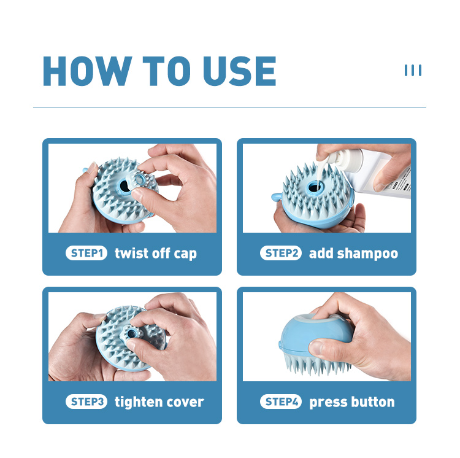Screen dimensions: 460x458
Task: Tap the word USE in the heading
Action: tap(240, 71)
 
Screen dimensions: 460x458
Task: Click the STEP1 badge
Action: tap(86, 253)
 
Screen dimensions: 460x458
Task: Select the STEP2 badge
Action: tap(281, 253)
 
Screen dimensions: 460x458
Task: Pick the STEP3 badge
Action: tap(86, 402)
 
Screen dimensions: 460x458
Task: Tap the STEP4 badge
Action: tap(281, 402)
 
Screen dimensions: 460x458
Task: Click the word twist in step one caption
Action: tap(131, 253)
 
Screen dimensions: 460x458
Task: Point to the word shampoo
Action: tap(367, 254)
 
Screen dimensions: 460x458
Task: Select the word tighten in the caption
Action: tap(134, 402)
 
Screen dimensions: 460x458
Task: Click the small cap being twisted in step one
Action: tap(140, 179)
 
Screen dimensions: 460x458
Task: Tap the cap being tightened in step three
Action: tap(132, 333)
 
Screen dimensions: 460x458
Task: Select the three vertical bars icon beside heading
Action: tap(413, 71)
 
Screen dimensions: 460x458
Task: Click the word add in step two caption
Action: tap(321, 253)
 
